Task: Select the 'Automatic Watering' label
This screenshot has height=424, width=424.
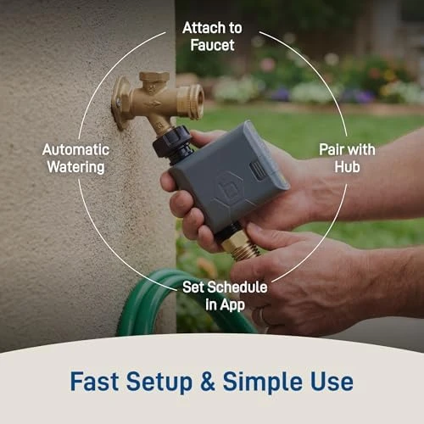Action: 74,158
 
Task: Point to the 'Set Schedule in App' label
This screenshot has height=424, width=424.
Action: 225,295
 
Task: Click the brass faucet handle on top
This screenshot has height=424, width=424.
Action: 154,78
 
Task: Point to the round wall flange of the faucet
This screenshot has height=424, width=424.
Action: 120,102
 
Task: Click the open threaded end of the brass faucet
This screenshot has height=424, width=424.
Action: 196,102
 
